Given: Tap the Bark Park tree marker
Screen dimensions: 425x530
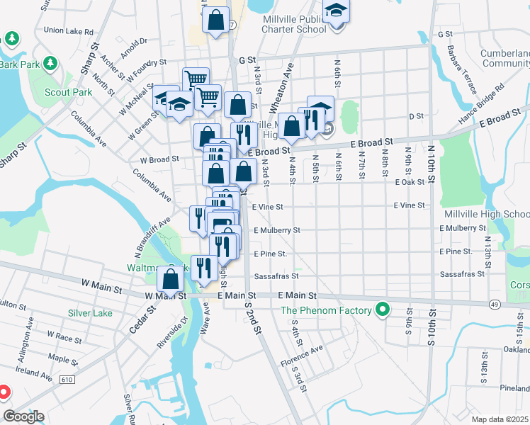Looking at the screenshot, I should pyautogui.click(x=50, y=64).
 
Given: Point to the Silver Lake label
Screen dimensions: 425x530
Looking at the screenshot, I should pyautogui.click(x=90, y=312).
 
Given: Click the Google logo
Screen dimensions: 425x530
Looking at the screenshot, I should pyautogui.click(x=23, y=416).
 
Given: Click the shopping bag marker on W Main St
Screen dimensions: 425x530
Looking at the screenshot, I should pyautogui.click(x=171, y=279).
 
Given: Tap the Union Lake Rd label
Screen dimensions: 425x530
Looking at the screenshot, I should pyautogui.click(x=69, y=31).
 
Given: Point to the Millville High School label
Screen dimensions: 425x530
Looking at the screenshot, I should pyautogui.click(x=487, y=214).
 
